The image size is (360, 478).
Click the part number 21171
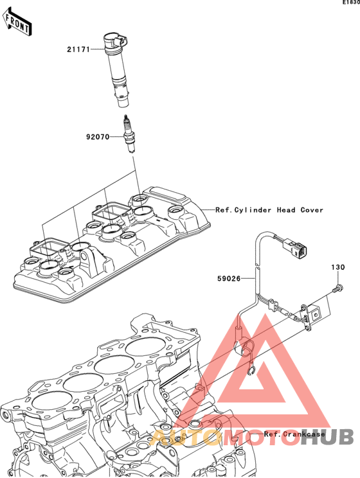coord(78,49)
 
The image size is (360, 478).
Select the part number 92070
coord(98,137)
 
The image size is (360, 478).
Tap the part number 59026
coord(229,278)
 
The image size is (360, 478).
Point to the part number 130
coord(338,267)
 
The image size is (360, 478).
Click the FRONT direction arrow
coord(17,22)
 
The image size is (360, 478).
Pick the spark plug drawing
coord(129,134)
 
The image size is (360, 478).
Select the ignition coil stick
coord(116,69)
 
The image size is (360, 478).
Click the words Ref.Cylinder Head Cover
coord(269,210)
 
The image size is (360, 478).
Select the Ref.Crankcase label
coord(294,434)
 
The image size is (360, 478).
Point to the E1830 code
coord(351,2)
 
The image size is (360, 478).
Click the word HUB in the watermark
coord(327,436)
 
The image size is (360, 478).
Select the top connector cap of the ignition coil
coord(115,40)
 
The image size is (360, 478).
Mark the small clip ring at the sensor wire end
coord(251,371)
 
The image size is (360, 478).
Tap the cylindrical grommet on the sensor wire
coord(239,332)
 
